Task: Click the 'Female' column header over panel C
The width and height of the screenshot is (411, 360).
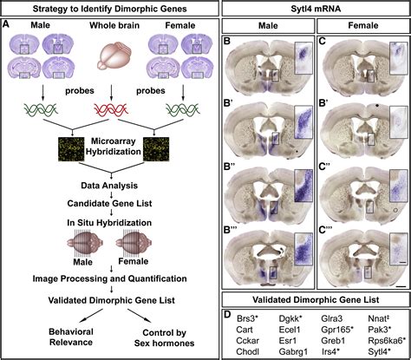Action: click(360, 26)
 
